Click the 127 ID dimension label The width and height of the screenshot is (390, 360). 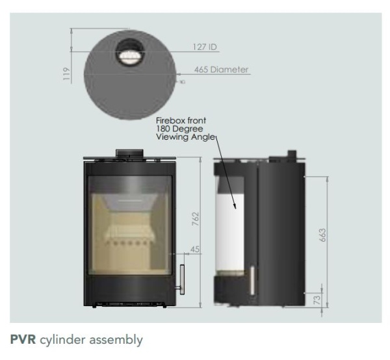coord(205,47)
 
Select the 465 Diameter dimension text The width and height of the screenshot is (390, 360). coord(221,70)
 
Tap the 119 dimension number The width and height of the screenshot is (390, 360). coord(66,73)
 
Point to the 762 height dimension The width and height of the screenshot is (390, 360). coord(196,219)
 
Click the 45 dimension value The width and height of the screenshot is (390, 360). coord(195,249)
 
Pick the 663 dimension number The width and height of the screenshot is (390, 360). coord(322,235)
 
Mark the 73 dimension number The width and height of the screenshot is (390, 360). coord(317,300)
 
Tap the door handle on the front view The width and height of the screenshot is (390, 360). coord(181,279)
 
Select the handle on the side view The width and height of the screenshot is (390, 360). coord(252,281)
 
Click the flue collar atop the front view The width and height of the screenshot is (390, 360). coord(129,153)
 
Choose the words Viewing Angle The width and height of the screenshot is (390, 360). coord(185,136)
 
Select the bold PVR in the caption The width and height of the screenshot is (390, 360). coord(23,340)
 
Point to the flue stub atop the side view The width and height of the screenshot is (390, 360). coord(292,153)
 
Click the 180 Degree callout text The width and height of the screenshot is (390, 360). coord(179,129)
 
